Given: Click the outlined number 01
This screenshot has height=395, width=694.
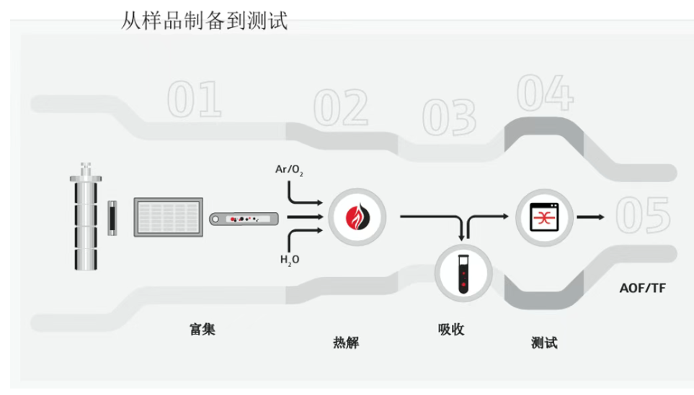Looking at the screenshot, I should [x=194, y=100].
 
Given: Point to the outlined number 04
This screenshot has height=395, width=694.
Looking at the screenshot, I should [x=545, y=94].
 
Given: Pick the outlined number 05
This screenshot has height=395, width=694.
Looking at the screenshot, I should [x=643, y=215].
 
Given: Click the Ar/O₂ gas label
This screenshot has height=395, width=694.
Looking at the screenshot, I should [x=289, y=171].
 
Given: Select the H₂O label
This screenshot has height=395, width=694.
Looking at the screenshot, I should [x=290, y=259].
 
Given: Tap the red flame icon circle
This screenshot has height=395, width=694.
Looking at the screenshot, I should [x=357, y=216].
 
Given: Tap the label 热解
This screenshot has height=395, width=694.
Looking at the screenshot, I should [x=345, y=343].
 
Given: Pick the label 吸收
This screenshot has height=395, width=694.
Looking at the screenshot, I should [x=451, y=330].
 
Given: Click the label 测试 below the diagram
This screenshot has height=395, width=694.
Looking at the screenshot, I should [x=543, y=342].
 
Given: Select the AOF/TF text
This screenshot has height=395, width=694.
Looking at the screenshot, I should [x=643, y=289].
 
